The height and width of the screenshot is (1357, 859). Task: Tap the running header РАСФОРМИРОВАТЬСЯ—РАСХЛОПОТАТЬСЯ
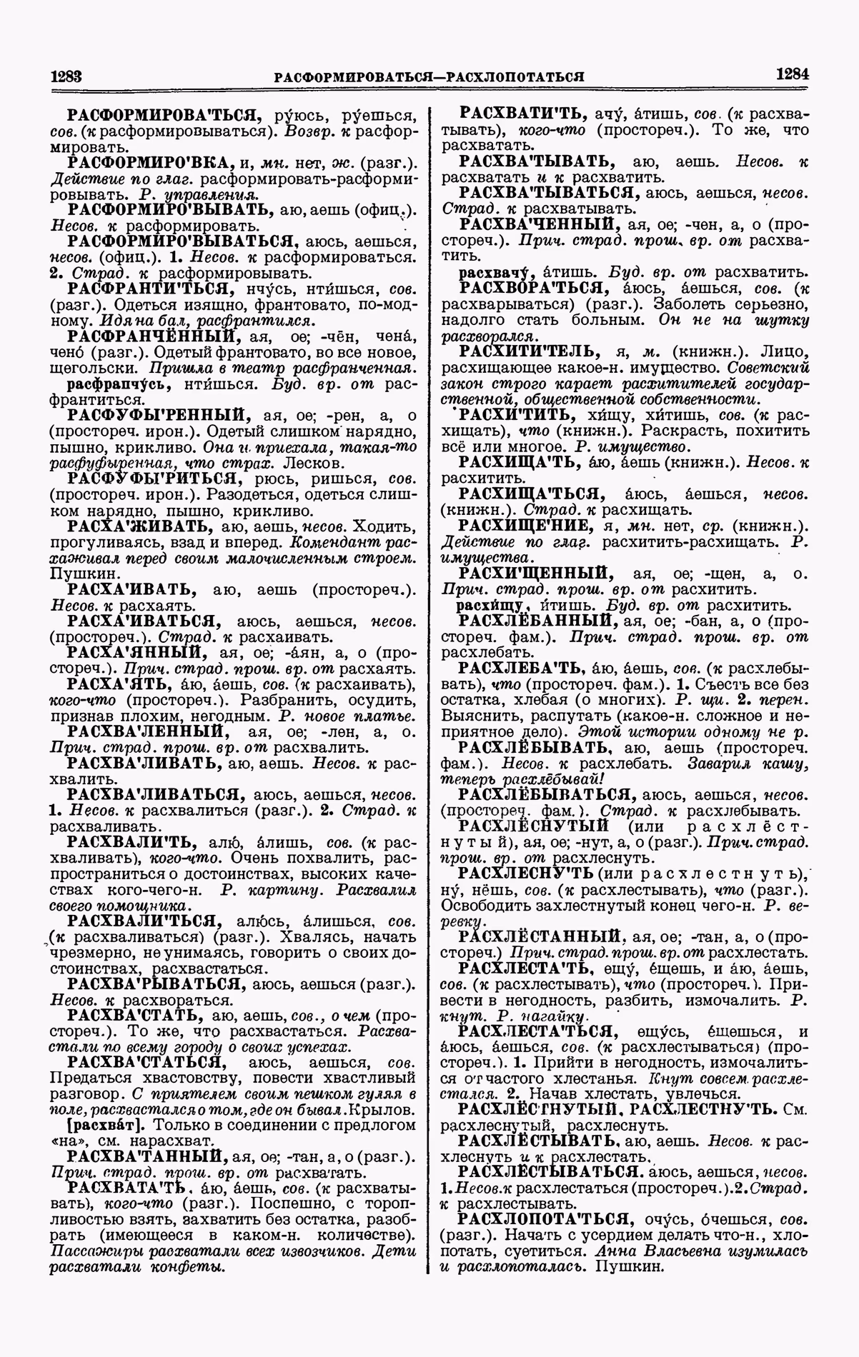430,76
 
